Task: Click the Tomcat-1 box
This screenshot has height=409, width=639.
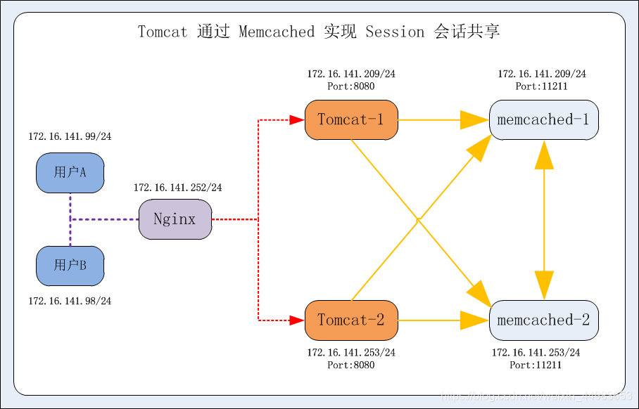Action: [x=351, y=119]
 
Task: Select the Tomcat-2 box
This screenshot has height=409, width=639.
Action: [x=351, y=320]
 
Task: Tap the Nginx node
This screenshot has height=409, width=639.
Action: [x=175, y=219]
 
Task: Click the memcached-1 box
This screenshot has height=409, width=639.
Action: [x=543, y=119]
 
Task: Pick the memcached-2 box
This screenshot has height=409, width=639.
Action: [x=543, y=320]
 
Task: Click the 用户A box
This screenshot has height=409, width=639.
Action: [x=70, y=172]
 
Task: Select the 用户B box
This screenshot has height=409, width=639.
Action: [x=70, y=266]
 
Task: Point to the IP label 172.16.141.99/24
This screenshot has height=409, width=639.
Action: [x=70, y=137]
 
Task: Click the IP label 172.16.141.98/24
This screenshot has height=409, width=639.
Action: [x=70, y=301]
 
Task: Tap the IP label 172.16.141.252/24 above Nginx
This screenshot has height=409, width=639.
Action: [x=177, y=188]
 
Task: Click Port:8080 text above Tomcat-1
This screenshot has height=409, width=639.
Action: [x=351, y=86]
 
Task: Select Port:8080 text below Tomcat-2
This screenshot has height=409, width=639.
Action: [x=351, y=365]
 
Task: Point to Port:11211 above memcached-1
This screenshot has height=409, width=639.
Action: [x=541, y=86]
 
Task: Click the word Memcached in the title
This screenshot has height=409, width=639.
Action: [x=277, y=32]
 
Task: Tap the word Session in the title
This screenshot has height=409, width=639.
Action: [x=395, y=32]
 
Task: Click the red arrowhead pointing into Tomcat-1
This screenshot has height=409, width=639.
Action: [x=297, y=120]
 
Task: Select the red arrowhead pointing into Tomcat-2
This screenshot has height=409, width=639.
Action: [x=297, y=320]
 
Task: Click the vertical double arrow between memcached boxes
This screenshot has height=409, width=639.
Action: [x=543, y=220]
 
